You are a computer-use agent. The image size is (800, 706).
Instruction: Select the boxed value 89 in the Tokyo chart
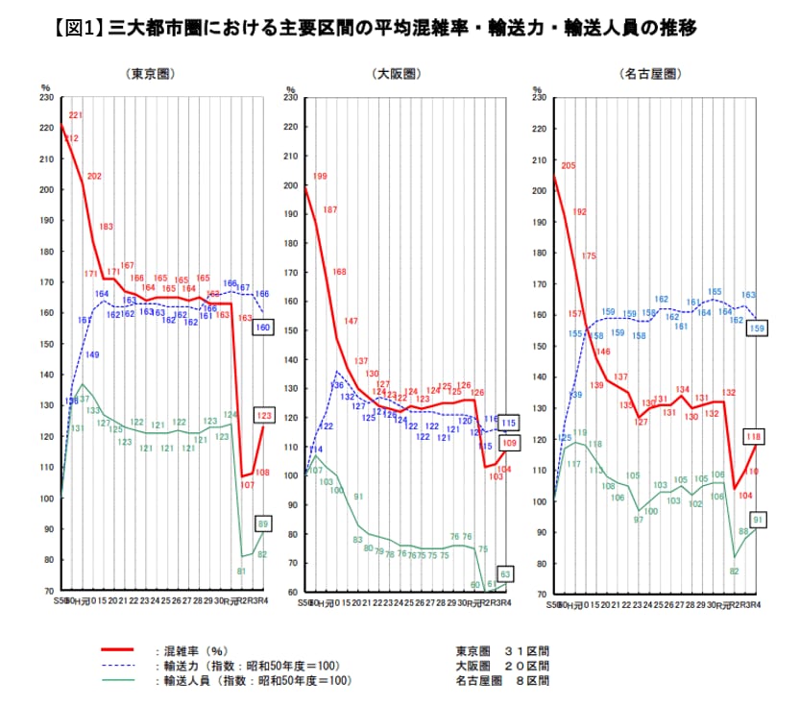tap(263, 523)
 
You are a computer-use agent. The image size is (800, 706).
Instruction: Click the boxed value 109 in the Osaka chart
tap(510, 444)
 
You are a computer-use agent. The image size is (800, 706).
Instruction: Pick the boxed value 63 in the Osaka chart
tap(509, 574)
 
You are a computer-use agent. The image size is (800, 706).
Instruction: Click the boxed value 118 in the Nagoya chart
tap(756, 436)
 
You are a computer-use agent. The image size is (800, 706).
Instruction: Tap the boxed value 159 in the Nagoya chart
tap(756, 329)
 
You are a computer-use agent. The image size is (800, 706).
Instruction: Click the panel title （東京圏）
tap(149, 73)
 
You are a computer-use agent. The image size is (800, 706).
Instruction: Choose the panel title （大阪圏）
tap(397, 73)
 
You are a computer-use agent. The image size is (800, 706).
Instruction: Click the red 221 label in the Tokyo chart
tap(76, 115)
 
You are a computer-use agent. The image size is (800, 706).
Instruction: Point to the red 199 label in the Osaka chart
tap(320, 177)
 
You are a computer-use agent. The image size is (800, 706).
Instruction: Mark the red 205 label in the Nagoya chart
tap(568, 166)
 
